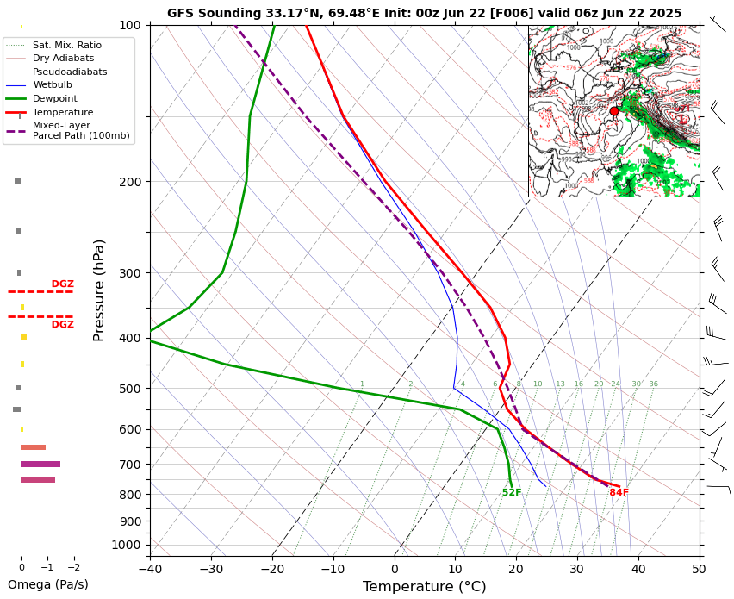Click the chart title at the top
pyautogui.click(x=424, y=13)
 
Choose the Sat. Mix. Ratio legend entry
pyautogui.click(x=66, y=45)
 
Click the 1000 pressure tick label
pyautogui.click(x=126, y=545)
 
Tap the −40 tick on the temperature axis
pyautogui.click(x=150, y=569)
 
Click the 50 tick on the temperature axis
pyautogui.click(x=699, y=569)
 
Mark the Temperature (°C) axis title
pyautogui.click(x=424, y=587)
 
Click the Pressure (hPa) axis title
pyautogui.click(x=100, y=290)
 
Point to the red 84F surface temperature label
pyautogui.click(x=619, y=493)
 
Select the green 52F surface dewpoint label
pyautogui.click(x=512, y=493)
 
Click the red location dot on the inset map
pyautogui.click(x=614, y=111)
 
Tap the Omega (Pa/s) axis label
pyautogui.click(x=48, y=584)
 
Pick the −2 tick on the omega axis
pyautogui.click(x=73, y=568)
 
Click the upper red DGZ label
pyautogui.click(x=62, y=284)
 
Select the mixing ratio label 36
pyautogui.click(x=653, y=384)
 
